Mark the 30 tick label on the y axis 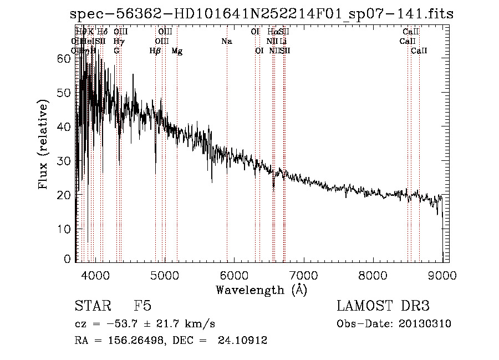tap(64, 161)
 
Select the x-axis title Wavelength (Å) tap(261, 290)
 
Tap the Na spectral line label tap(226, 41)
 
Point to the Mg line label tap(177, 51)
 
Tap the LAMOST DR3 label tap(383, 306)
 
